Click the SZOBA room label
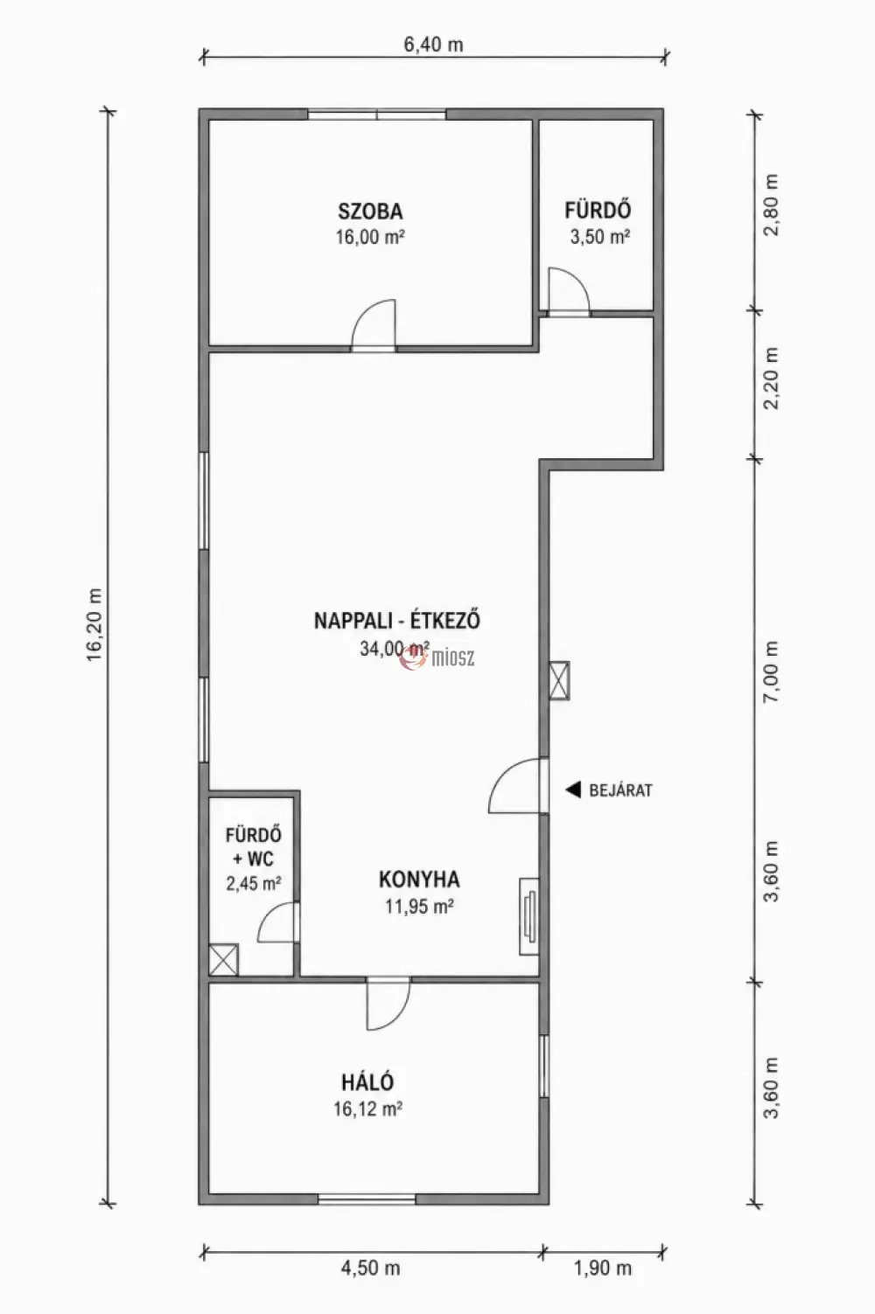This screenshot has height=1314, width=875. click(x=370, y=211)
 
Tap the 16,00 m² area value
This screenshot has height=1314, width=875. click(x=370, y=237)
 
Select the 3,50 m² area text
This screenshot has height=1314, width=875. click(x=599, y=237)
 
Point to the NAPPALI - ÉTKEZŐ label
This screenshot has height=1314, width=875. click(x=397, y=621)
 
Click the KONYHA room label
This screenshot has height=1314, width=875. click(x=419, y=879)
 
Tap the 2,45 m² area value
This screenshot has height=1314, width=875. click(x=253, y=883)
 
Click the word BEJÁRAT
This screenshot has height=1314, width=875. click(x=620, y=790)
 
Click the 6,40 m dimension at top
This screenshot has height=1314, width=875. click(x=433, y=45)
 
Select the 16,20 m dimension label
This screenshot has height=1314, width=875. click(x=94, y=624)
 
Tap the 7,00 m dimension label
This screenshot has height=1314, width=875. click(x=772, y=671)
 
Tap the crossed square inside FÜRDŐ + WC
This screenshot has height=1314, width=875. click(x=224, y=960)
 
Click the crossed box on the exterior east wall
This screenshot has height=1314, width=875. click(x=559, y=680)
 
